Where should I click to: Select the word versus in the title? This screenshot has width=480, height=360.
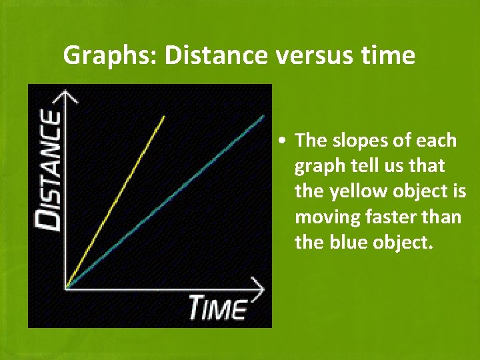tap(313, 56)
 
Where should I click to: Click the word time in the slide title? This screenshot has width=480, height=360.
tap(389, 56)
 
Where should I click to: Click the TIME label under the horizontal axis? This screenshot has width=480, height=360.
tap(217, 309)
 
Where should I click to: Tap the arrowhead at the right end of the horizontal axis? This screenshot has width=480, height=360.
tap(259, 287)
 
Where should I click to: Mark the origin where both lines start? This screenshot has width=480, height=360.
tap(66, 287)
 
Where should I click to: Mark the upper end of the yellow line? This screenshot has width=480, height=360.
tap(164, 117)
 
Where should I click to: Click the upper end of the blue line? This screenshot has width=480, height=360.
tap(263, 117)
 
